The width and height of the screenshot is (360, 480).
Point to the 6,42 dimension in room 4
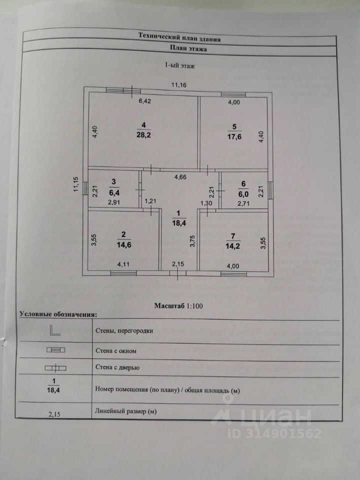tap(144, 101)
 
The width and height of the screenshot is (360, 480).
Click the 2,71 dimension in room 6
tap(243, 204)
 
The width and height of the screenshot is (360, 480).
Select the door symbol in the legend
tap(55, 368)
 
